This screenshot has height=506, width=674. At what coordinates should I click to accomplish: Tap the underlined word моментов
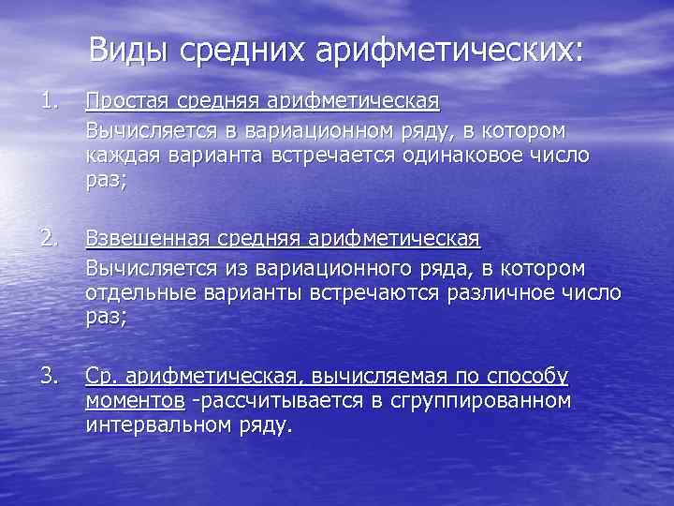pos(135,402)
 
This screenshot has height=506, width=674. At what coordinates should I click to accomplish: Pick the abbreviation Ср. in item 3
pos(100,378)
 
